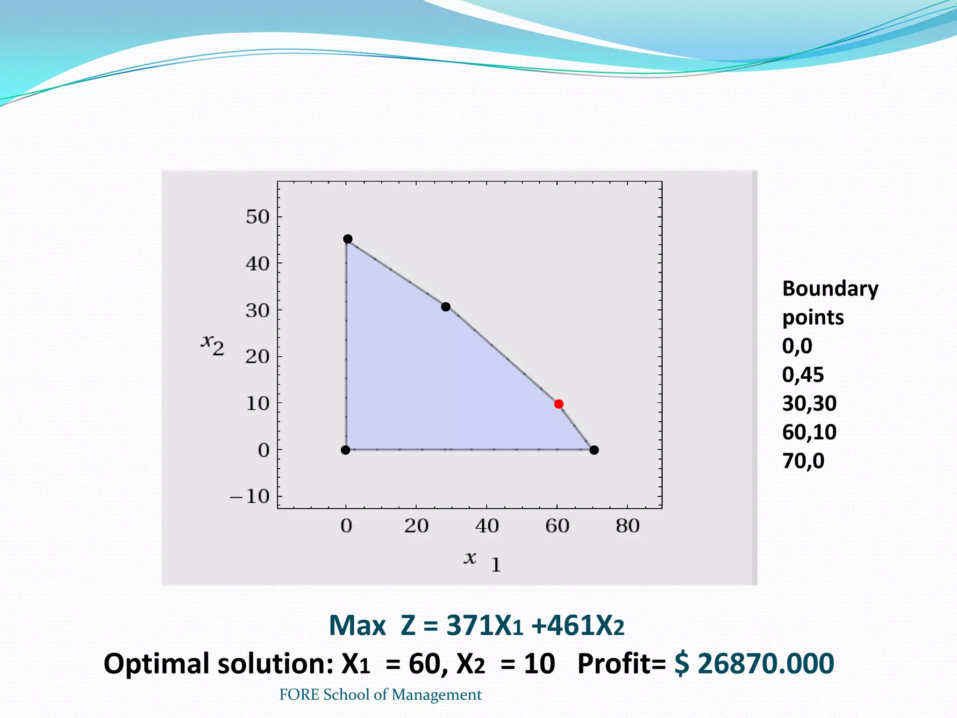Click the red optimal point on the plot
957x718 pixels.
(x=558, y=404)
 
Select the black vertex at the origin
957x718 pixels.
(x=345, y=450)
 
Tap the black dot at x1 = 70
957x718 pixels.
(x=594, y=450)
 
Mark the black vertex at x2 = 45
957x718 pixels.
(x=348, y=239)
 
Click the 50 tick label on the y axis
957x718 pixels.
(x=258, y=217)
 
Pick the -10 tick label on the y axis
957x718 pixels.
(x=250, y=496)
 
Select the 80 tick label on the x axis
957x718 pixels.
(x=627, y=526)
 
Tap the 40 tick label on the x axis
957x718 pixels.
(x=487, y=526)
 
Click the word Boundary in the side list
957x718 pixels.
(x=830, y=289)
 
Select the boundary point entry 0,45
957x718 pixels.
(x=803, y=375)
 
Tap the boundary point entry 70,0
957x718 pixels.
(x=803, y=461)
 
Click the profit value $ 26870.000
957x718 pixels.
(x=754, y=663)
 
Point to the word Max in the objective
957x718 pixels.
(x=357, y=625)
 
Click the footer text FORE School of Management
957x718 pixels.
(x=380, y=695)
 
